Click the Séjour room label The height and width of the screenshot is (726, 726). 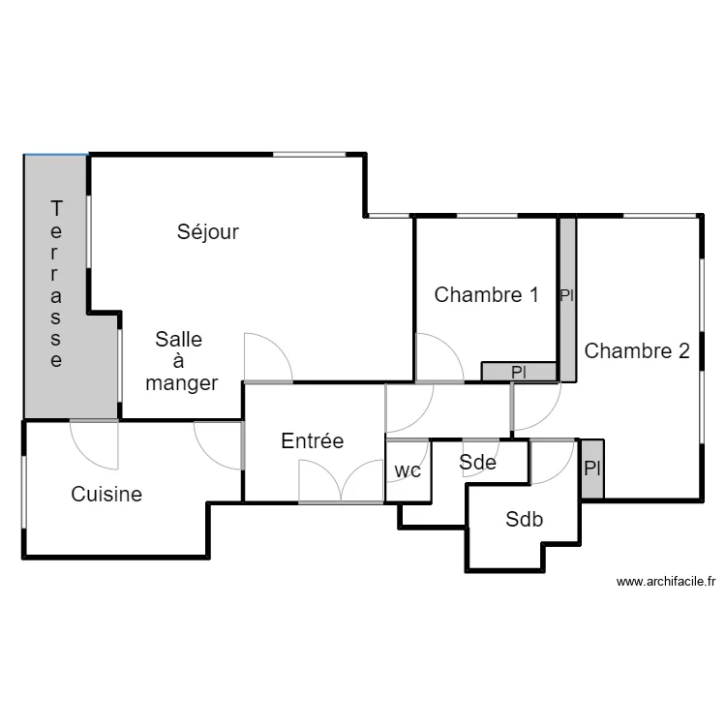(x=207, y=232)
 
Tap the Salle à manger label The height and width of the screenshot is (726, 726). (x=180, y=361)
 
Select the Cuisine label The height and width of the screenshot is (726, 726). (x=106, y=495)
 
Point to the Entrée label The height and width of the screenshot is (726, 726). (x=312, y=441)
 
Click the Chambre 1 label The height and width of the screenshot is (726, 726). (x=486, y=295)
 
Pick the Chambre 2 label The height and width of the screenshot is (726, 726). (x=637, y=351)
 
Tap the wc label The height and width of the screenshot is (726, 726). (x=408, y=471)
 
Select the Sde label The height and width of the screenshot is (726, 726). (x=477, y=463)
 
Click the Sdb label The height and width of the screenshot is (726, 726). (x=524, y=520)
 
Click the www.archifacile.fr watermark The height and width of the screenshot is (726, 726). (x=665, y=582)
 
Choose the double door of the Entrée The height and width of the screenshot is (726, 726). (x=341, y=482)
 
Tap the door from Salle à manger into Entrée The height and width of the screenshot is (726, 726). (x=267, y=358)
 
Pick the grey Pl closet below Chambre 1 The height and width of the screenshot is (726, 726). (x=519, y=371)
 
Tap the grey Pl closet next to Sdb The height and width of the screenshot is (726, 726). (x=592, y=469)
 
